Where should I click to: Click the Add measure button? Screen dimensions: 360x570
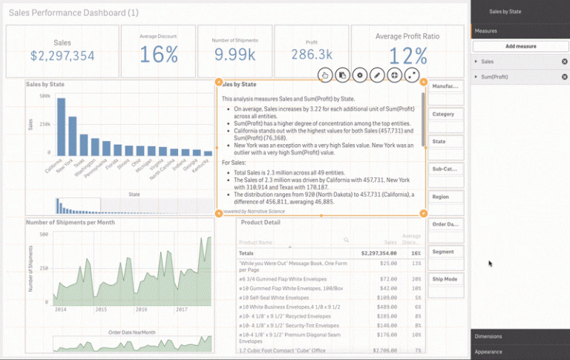(520, 46)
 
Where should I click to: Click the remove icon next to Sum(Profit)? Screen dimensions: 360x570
(564, 76)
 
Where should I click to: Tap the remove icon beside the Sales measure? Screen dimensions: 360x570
(564, 62)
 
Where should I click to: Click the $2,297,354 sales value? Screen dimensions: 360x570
(62, 56)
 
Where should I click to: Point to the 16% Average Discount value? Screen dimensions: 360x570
(160, 54)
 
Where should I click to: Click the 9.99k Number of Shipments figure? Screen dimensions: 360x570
(235, 54)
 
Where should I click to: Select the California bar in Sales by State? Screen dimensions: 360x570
(61, 131)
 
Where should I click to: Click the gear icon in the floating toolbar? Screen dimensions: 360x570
(360, 75)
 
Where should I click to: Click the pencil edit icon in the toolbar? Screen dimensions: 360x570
(377, 75)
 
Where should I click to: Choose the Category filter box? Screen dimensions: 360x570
(447, 114)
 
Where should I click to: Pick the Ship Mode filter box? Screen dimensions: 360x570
(447, 279)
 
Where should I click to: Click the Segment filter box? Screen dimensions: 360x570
(447, 252)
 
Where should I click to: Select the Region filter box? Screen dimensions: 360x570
(447, 197)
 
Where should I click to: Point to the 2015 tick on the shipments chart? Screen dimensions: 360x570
(99, 309)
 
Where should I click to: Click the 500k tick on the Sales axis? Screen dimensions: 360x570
(44, 96)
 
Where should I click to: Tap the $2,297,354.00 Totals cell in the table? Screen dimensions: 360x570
(379, 253)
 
